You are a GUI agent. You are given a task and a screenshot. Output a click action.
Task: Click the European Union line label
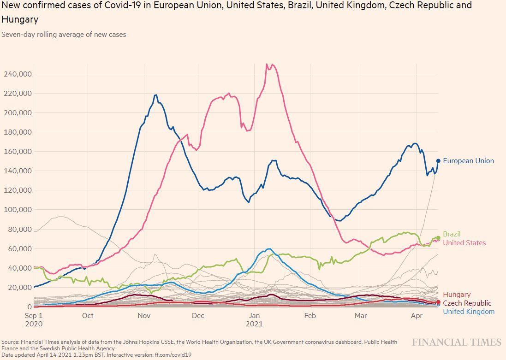[468, 161]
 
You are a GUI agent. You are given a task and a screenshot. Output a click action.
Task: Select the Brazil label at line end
[452, 234]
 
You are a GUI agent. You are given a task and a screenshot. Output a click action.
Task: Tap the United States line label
[464, 243]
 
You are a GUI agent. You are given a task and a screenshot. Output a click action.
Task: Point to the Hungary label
[457, 295]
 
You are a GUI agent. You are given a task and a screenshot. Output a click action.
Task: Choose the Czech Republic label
[467, 303]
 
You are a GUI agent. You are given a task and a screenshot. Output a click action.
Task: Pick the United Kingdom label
[468, 312]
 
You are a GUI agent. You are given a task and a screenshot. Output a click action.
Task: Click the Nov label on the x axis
[144, 316]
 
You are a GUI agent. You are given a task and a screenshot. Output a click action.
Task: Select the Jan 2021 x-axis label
[254, 319]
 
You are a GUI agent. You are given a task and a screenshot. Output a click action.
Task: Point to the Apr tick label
[417, 316]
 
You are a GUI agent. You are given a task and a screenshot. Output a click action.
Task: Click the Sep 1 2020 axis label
[33, 319]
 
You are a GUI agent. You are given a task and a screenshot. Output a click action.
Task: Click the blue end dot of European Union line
[438, 161]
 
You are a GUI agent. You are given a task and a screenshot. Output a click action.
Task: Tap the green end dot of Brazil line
[438, 238]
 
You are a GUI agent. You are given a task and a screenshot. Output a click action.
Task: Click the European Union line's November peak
[156, 95]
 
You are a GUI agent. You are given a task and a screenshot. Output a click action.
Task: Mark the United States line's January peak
[267, 64]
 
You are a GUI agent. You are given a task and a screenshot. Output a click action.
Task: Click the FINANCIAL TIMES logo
[456, 342]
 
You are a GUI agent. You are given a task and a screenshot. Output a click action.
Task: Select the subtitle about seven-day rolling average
[64, 35]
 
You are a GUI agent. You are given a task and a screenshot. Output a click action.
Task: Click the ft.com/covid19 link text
[174, 355]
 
